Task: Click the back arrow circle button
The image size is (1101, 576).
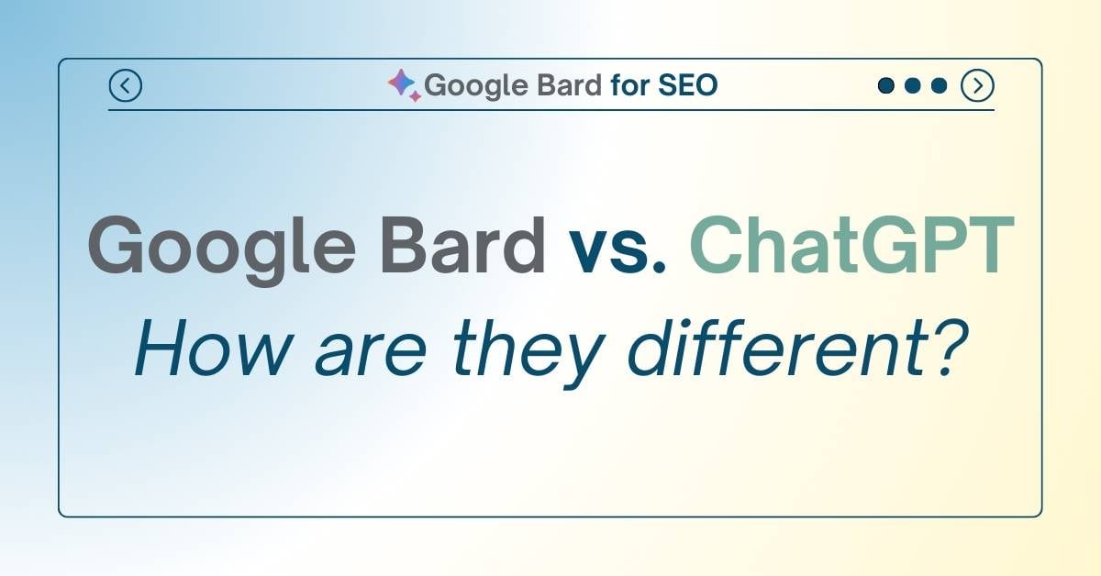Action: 125,86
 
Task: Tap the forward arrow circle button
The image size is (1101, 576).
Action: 977,86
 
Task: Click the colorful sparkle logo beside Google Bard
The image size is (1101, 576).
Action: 403,84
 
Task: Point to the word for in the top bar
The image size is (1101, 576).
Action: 630,85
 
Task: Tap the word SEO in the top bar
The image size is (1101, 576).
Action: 688,85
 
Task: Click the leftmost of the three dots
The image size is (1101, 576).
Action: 886,86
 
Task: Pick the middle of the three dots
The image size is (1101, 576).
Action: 912,86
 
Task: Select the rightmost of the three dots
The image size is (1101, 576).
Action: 939,86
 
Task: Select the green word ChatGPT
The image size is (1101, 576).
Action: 851,246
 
